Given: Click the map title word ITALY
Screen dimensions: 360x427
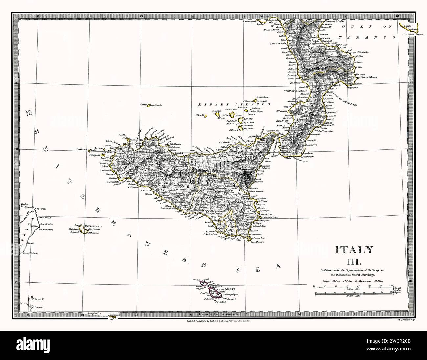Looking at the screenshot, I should coord(349,250).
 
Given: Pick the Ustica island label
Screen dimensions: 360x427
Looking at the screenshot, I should coord(145,105).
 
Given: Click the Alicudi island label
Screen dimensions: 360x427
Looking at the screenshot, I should coord(200,115).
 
